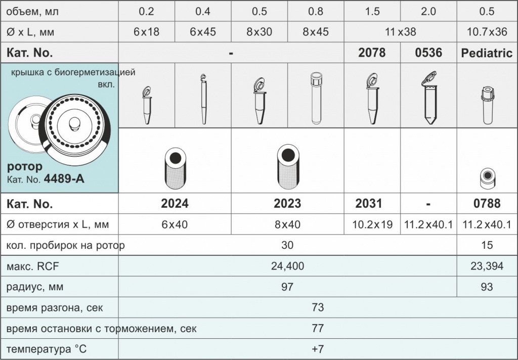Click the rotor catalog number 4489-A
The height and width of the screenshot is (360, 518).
tap(64, 178)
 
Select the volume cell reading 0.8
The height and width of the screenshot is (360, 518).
tap(316, 11)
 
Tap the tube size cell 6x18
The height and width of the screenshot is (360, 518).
tap(146, 32)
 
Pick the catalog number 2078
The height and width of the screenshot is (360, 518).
tap(372, 53)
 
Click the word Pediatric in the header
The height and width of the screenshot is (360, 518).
tap(487, 53)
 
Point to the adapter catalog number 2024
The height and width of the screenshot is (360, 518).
tap(175, 203)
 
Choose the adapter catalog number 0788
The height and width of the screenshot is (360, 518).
tap(487, 203)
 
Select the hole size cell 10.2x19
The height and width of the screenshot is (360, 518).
tap(372, 224)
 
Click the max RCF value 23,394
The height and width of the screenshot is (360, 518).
tap(487, 266)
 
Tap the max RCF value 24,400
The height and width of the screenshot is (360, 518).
tap(287, 266)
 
